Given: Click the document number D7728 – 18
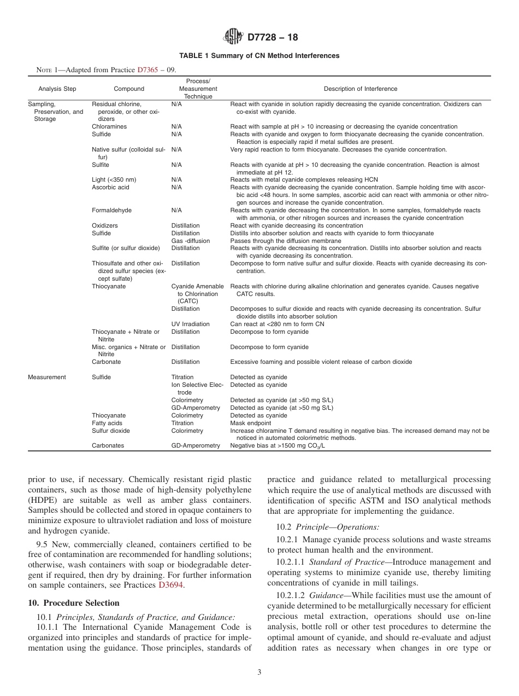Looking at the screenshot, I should [x=273, y=38].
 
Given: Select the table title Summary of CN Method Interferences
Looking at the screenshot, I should [x=259, y=56].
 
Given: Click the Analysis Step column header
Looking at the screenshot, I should [x=57, y=89].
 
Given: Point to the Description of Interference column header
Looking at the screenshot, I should [x=361, y=89].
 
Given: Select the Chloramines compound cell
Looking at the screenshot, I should [x=109, y=126].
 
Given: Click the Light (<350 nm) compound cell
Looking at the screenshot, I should [x=114, y=179].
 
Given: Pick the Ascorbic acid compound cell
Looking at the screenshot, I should [x=110, y=187].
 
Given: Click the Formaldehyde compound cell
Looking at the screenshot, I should [x=111, y=210].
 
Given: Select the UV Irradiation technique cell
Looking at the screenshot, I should [x=190, y=324].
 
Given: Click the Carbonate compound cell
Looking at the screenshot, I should [x=107, y=362].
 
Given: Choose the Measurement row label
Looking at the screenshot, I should [x=47, y=377].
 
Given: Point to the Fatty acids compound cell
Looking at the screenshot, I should [x=107, y=423].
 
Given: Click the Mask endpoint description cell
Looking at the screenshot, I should [x=250, y=423].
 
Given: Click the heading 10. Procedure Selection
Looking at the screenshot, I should [x=73, y=603].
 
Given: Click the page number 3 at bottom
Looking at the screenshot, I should [x=259, y=672].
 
